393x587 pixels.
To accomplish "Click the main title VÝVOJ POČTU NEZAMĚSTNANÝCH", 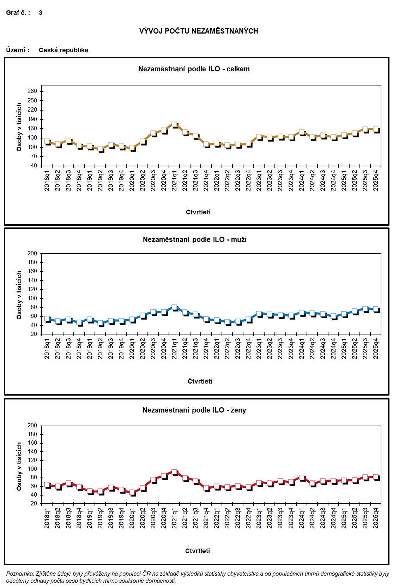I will (x=199, y=31).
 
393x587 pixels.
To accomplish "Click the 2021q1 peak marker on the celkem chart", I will (x=174, y=125).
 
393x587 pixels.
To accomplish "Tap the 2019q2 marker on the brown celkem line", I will (x=101, y=149).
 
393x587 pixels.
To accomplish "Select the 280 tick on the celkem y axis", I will (x=32, y=91).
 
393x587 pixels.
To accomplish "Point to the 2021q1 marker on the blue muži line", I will (x=174, y=308).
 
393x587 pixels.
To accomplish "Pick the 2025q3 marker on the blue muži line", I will (x=365, y=309).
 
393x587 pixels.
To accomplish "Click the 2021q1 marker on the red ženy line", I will (x=174, y=472).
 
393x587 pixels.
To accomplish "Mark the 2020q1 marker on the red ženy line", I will (x=132, y=492).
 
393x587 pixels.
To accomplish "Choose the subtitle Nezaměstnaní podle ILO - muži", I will (x=195, y=239).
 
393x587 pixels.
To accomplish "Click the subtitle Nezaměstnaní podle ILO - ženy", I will (x=194, y=410).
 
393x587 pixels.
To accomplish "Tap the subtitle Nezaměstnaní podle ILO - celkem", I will (x=194, y=69).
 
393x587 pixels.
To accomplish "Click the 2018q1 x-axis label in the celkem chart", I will (x=47, y=181).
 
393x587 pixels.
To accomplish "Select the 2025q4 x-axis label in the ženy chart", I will (x=376, y=519).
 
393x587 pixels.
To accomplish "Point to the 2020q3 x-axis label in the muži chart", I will (x=153, y=349).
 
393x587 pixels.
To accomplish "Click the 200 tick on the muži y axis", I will (x=32, y=253).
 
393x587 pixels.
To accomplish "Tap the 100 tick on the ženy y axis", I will (x=32, y=469).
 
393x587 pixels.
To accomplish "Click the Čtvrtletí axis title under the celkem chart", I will (x=198, y=212).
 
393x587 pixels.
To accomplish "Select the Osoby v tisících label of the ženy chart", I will (x=19, y=466).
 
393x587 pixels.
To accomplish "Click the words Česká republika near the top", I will (x=64, y=50).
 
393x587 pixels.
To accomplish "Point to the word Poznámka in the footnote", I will (x=20, y=574).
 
